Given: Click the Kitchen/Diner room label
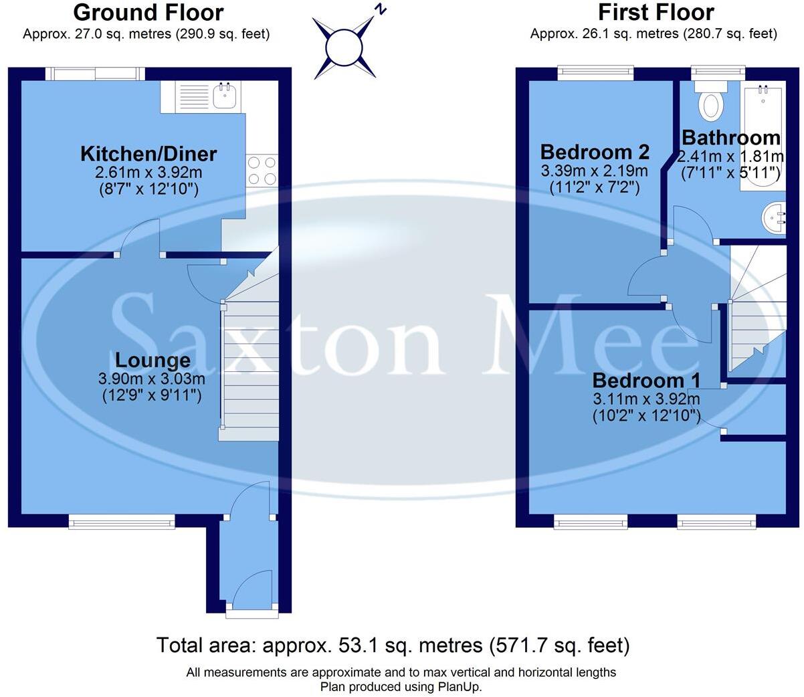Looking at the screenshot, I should [148, 154].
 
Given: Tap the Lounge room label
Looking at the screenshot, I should [153, 361].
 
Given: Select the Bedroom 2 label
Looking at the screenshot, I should [595, 152].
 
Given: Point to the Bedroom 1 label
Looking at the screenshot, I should [646, 381].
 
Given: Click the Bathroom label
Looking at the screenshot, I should [730, 138].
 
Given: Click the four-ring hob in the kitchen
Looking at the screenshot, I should [262, 170].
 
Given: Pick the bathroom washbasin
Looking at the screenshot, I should [775, 218].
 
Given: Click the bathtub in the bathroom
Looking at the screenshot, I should [762, 137].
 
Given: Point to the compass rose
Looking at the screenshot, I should [345, 46].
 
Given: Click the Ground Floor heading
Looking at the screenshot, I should [148, 12].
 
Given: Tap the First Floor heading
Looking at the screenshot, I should [656, 12].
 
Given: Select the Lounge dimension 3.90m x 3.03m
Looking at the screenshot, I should [152, 379].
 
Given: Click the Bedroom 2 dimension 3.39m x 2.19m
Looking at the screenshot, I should [595, 171].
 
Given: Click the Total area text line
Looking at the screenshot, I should [393, 645].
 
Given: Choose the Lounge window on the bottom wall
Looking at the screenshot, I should [122, 520].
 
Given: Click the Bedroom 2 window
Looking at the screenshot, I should [595, 71].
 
